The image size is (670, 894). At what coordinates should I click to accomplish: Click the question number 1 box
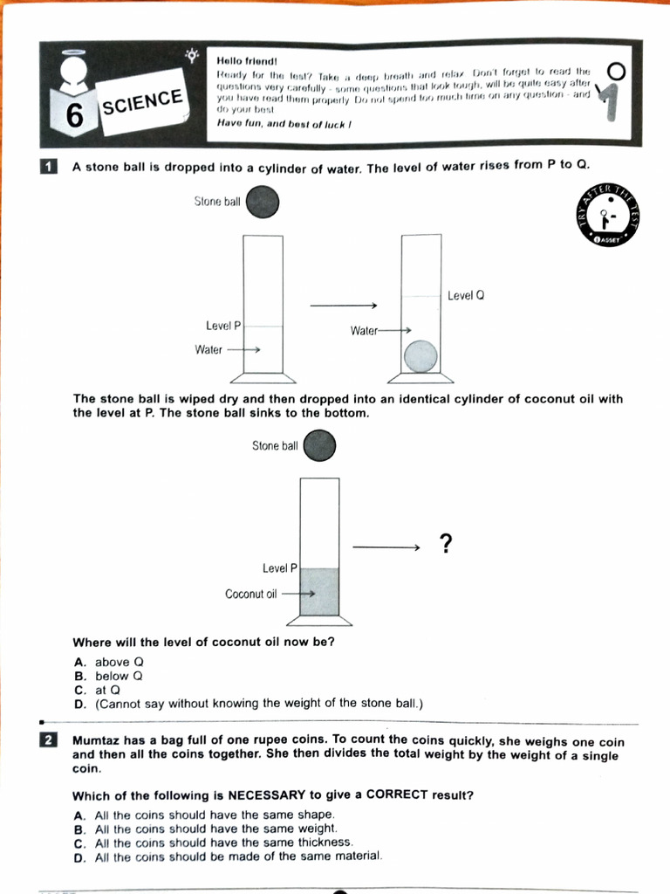[x=49, y=167]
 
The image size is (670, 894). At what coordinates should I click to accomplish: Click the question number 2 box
[x=49, y=740]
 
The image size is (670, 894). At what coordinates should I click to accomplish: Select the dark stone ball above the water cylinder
[x=263, y=203]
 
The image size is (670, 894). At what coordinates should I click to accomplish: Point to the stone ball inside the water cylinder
[x=421, y=356]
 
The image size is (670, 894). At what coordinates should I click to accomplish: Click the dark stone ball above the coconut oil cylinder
[x=319, y=446]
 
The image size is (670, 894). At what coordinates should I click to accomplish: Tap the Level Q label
[x=465, y=296]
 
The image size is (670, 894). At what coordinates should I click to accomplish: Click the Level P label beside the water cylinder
[x=223, y=326]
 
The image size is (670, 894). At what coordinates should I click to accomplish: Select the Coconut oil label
[x=250, y=594]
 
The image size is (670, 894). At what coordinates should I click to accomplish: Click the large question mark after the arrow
[x=446, y=545]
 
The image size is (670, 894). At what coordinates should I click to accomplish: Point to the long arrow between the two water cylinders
[x=343, y=306]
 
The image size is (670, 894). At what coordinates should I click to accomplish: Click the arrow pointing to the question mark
[x=386, y=547]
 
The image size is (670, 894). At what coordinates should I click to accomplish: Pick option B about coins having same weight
[x=215, y=829]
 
